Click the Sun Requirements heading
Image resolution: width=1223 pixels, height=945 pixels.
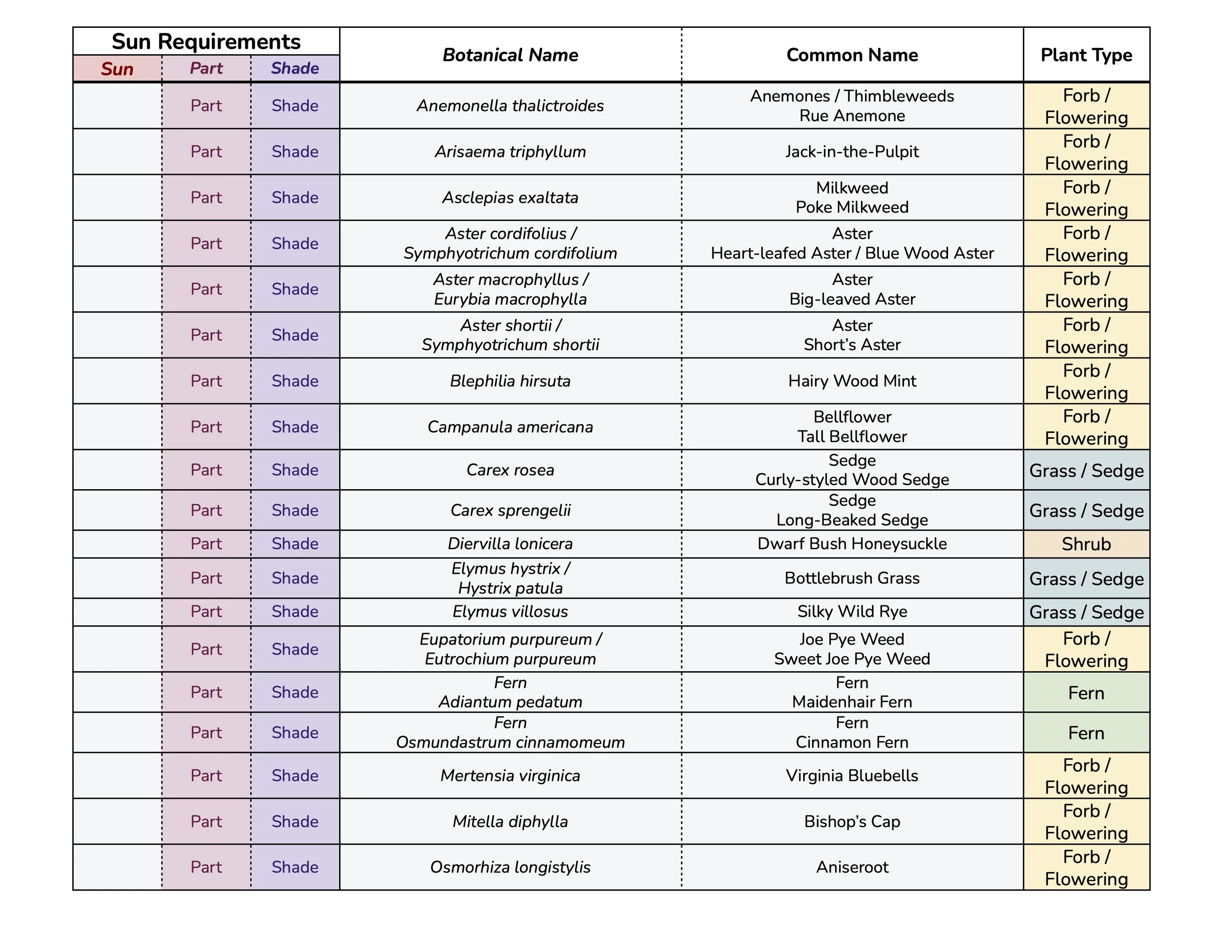point(206,42)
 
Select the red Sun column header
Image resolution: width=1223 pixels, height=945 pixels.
point(117,69)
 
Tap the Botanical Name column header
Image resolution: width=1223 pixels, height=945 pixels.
point(510,55)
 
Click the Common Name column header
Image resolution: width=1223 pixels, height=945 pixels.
point(852,55)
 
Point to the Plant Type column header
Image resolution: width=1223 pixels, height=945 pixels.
point(1086,55)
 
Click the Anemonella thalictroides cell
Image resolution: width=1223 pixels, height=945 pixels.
point(510,106)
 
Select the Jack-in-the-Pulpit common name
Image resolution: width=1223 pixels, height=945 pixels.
point(852,152)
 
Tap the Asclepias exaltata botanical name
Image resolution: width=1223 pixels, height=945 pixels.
point(510,198)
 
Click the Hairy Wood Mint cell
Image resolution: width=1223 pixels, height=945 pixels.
point(852,381)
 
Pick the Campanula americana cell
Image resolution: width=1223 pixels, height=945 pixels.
point(510,427)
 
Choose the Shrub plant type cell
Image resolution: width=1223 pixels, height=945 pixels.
point(1086,544)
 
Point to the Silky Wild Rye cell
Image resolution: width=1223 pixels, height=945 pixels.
point(852,611)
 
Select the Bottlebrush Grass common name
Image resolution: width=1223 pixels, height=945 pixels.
point(852,578)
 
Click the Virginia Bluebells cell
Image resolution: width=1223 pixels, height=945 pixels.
point(852,775)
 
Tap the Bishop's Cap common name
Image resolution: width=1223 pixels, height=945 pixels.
point(852,821)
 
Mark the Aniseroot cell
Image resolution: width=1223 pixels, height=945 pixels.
point(852,867)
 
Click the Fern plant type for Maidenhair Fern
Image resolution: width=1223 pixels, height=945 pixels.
point(1086,693)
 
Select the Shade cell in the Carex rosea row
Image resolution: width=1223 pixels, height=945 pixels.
point(295,470)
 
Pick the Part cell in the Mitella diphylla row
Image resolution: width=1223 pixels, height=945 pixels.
point(206,821)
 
